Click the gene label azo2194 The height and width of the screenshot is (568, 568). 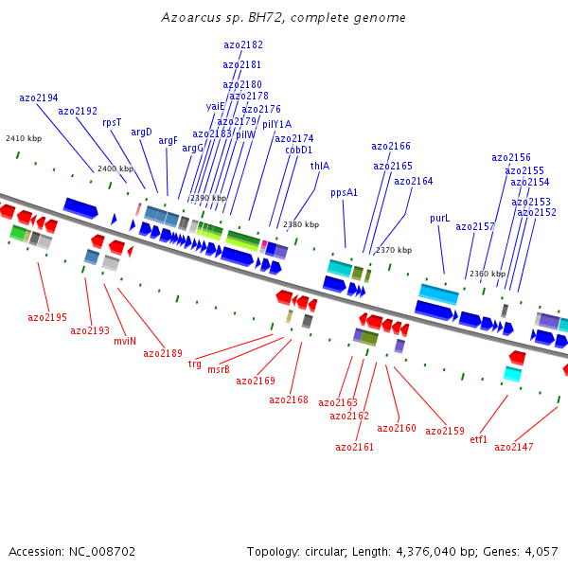pyautogui.click(x=39, y=98)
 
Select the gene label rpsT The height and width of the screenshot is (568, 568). pyautogui.click(x=112, y=122)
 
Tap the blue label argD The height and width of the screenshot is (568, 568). pyautogui.click(x=141, y=132)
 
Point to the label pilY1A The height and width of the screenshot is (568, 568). pyautogui.click(x=276, y=124)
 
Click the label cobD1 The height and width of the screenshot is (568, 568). pyautogui.click(x=298, y=150)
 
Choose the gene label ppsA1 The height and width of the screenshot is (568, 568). pyautogui.click(x=344, y=192)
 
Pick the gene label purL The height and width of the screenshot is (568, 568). pyautogui.click(x=439, y=218)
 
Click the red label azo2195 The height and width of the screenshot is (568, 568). pyautogui.click(x=47, y=317)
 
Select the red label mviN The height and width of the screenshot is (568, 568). pyautogui.click(x=125, y=341)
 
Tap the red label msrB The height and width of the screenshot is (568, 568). pyautogui.click(x=218, y=369)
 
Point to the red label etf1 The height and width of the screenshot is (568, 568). pyautogui.click(x=478, y=439)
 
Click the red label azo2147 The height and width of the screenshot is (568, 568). pyautogui.click(x=514, y=447)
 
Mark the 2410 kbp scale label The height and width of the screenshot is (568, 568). pyautogui.click(x=24, y=138)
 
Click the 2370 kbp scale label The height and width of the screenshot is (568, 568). pyautogui.click(x=394, y=250)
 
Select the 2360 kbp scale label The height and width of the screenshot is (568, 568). pyautogui.click(x=488, y=274)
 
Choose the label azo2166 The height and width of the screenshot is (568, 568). pyautogui.click(x=391, y=146)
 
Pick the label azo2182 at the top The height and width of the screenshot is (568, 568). pyautogui.click(x=243, y=44)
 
